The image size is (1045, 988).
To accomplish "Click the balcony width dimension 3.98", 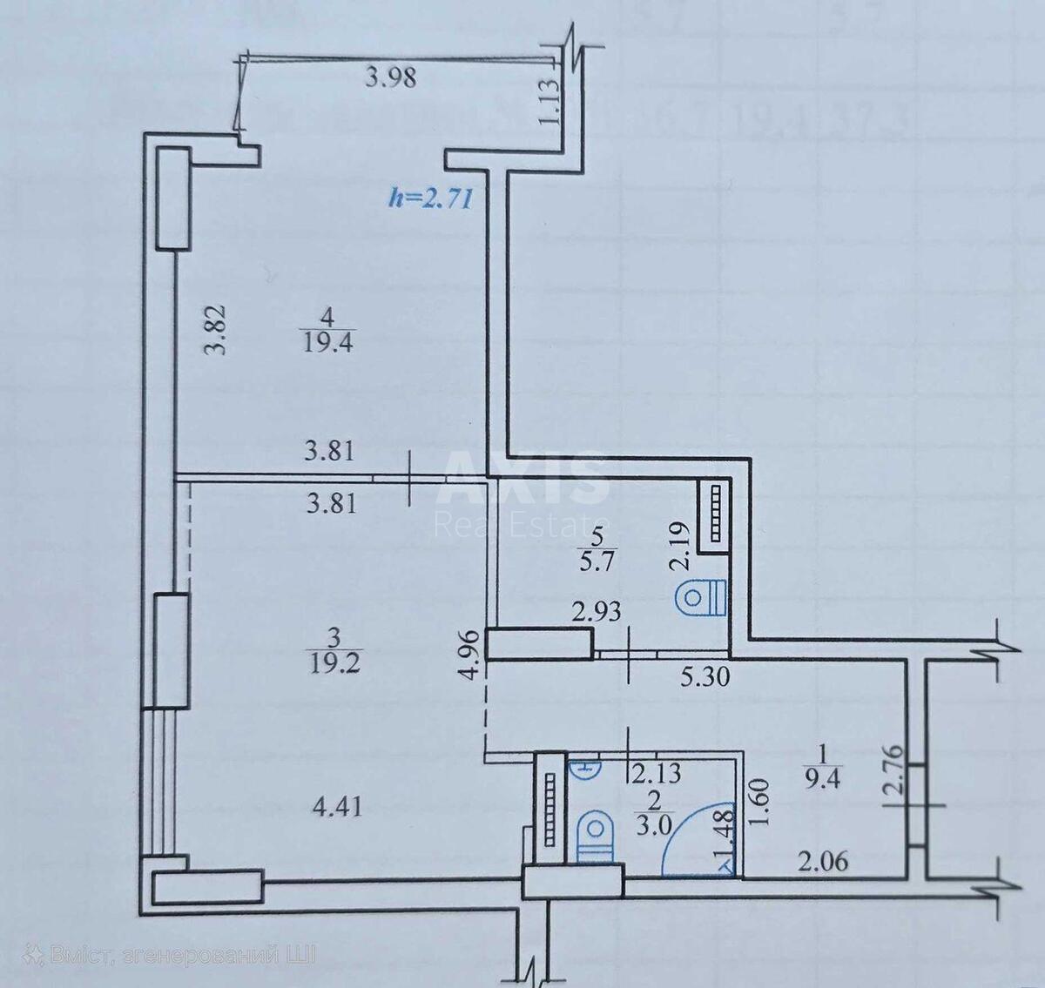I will (391, 77).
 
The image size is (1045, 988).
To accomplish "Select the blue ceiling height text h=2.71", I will (430, 198).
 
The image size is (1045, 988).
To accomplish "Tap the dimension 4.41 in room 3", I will (336, 807).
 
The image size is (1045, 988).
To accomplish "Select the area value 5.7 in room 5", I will (598, 561).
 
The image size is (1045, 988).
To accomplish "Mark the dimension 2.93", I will (597, 611).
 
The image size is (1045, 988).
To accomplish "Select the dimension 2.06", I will (823, 862).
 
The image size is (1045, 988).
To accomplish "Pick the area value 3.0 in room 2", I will (653, 825).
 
